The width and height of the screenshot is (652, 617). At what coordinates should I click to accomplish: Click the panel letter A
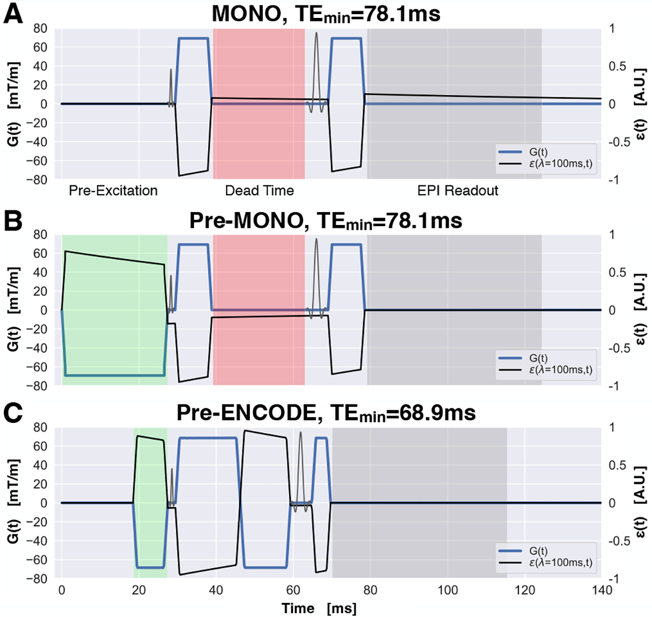click(13, 14)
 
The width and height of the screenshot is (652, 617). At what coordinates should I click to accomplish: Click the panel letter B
click(13, 220)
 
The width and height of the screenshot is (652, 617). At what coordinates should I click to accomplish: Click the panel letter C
click(13, 413)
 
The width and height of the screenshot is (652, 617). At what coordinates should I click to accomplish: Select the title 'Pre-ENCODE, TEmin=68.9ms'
click(326, 413)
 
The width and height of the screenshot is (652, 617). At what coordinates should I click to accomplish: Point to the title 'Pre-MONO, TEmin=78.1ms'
click(326, 221)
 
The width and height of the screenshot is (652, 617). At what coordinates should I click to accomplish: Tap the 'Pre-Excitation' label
click(113, 191)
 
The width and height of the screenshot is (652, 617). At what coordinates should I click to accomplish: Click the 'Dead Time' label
click(259, 191)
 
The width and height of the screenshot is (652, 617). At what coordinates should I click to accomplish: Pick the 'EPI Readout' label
click(457, 191)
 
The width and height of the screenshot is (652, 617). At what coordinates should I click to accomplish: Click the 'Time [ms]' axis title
click(319, 608)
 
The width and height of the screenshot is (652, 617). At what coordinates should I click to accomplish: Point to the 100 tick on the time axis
click(447, 591)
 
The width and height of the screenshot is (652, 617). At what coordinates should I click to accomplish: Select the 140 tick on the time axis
click(601, 591)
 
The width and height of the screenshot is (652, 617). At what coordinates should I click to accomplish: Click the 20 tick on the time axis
click(139, 591)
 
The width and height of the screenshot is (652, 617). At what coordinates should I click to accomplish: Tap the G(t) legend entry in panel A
click(538, 153)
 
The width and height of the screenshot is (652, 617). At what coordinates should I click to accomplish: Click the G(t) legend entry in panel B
click(538, 359)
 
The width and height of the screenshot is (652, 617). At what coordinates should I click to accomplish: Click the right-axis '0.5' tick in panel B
click(617, 272)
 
